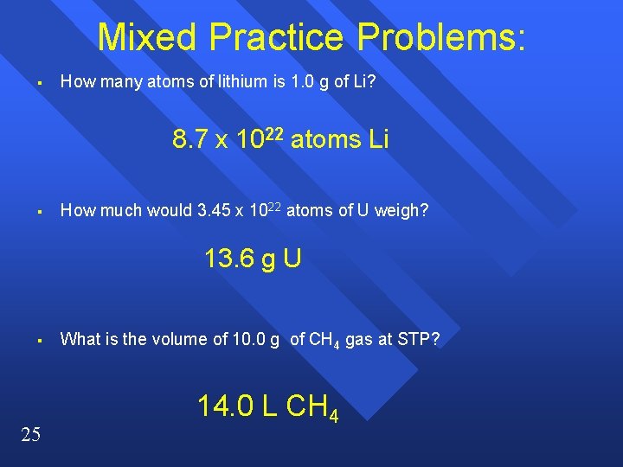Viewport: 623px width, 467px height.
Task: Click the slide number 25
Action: [x=30, y=434]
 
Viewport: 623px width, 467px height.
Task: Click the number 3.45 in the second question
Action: [x=214, y=210]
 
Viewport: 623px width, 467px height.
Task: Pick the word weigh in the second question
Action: [x=403, y=210]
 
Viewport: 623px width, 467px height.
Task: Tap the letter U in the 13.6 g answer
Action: [x=291, y=259]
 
